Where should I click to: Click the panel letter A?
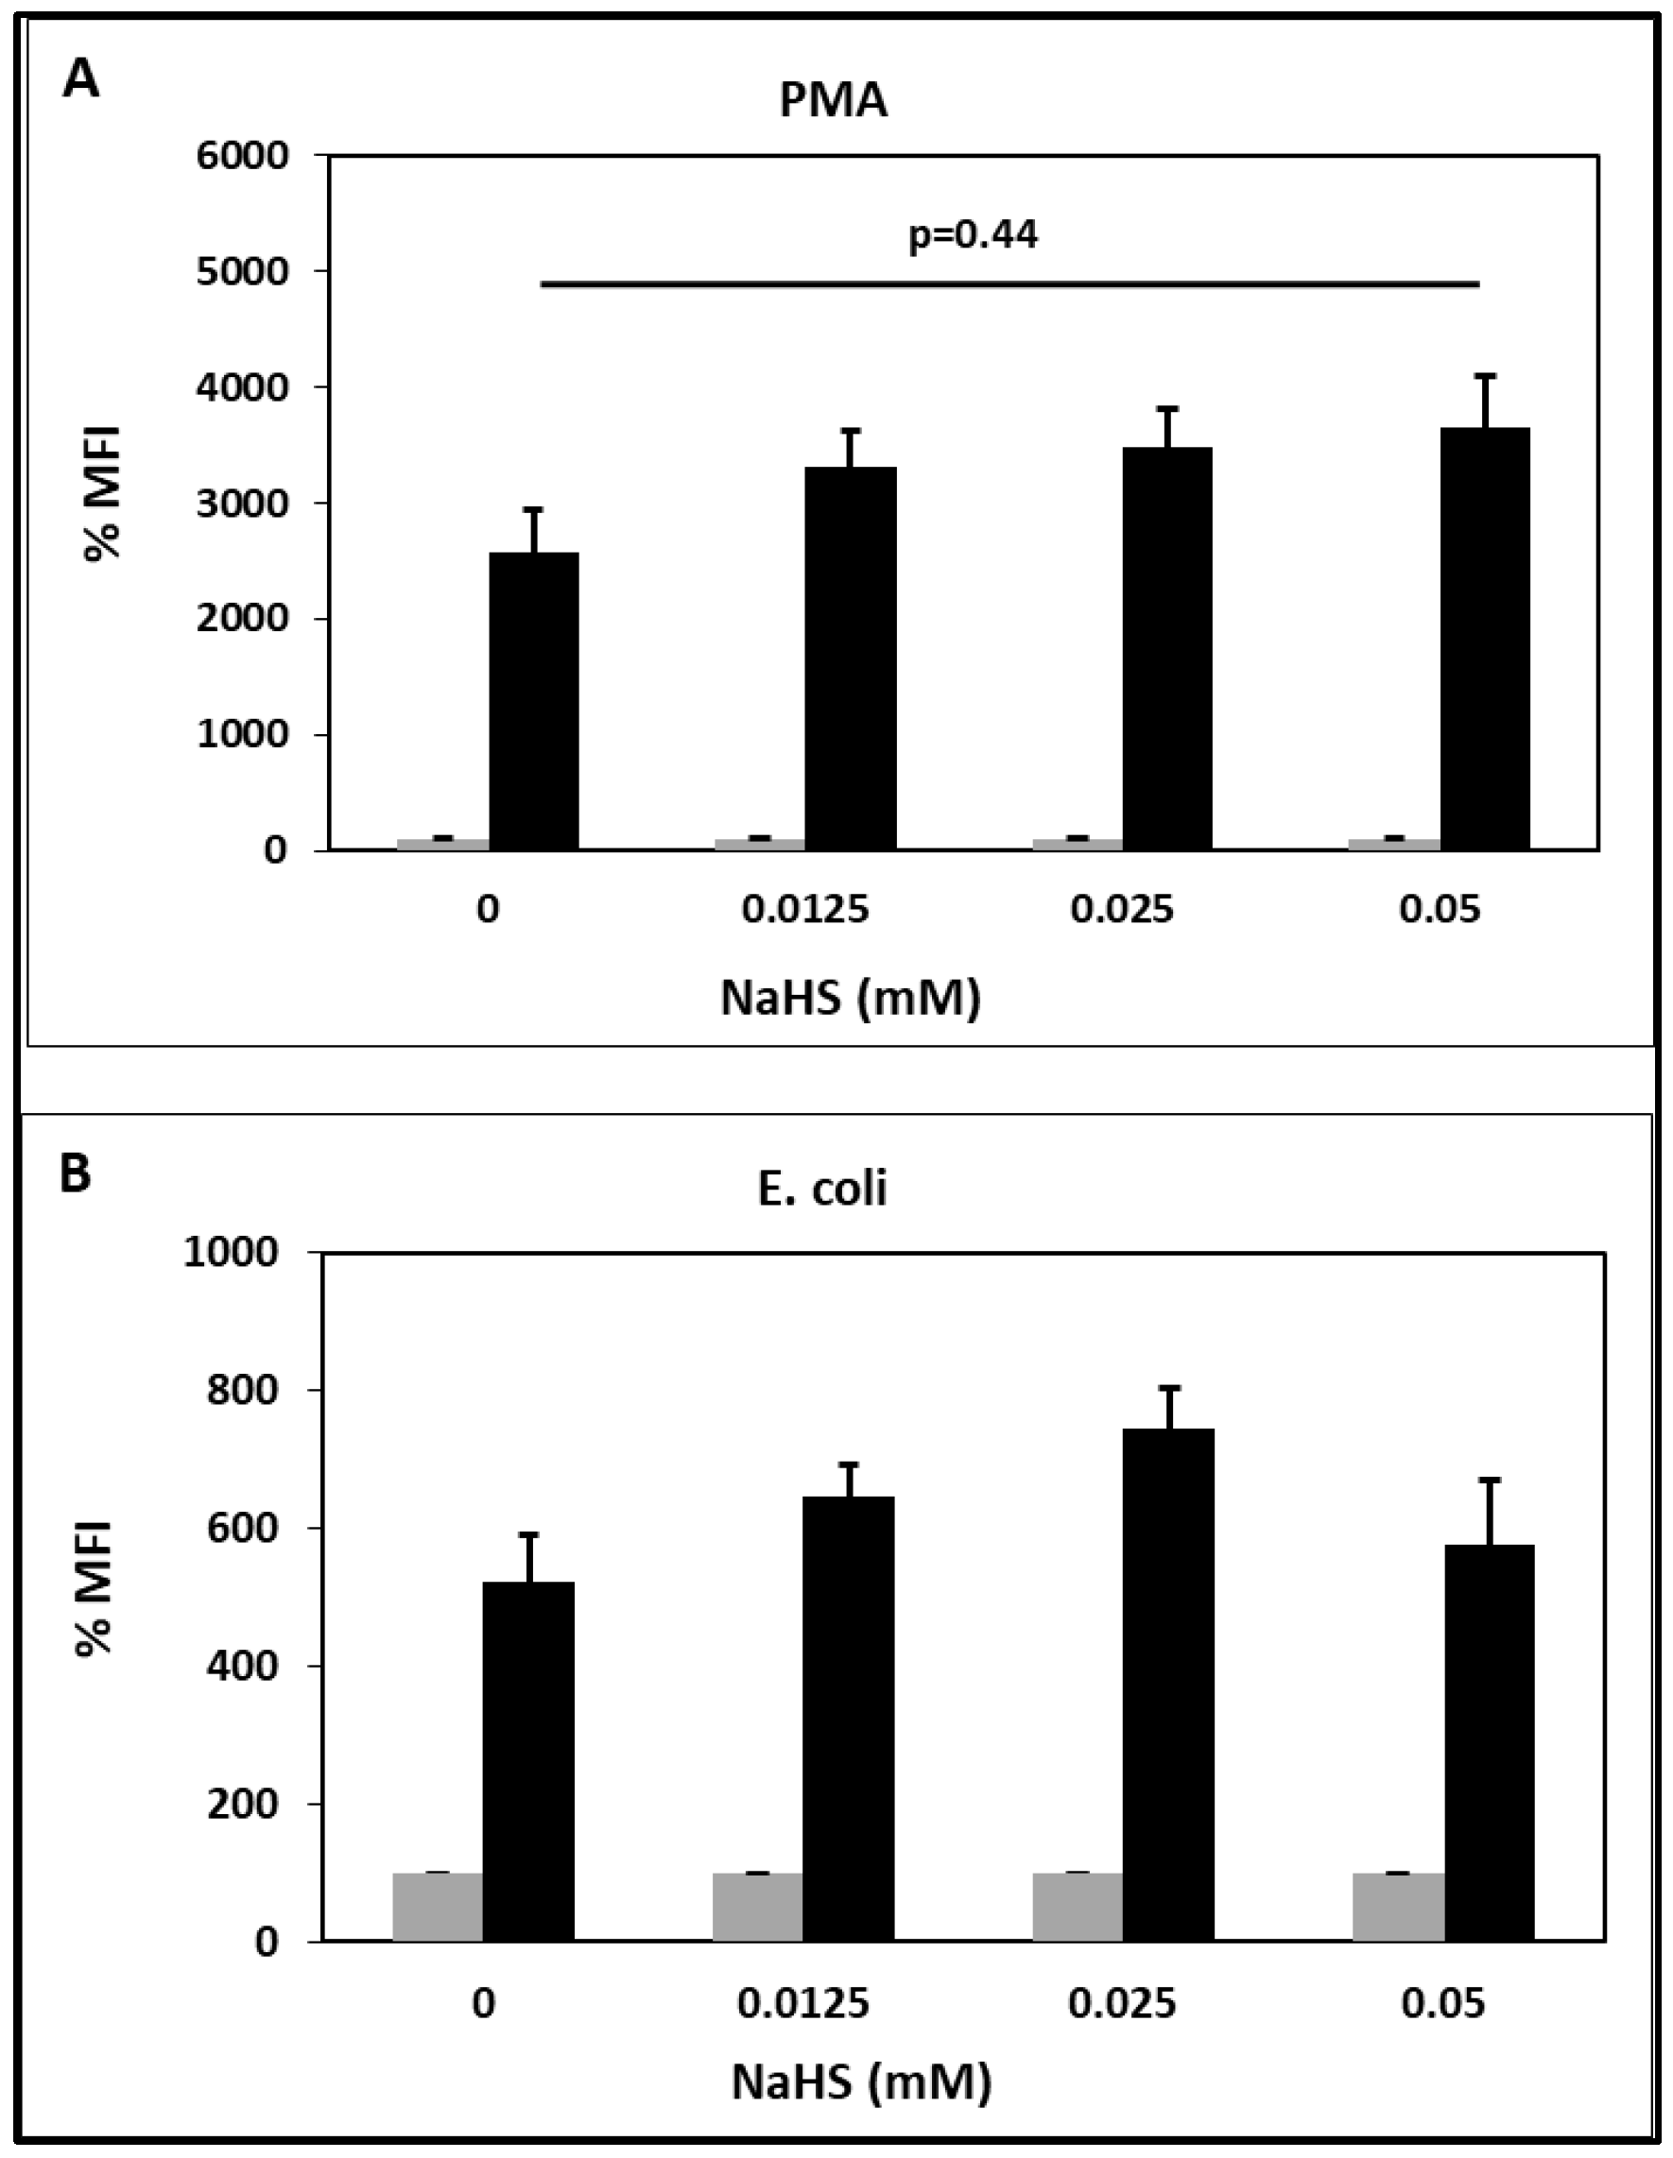(x=81, y=80)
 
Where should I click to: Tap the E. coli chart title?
(x=822, y=1189)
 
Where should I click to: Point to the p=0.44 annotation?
(x=974, y=236)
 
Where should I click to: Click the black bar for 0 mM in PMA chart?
(x=535, y=702)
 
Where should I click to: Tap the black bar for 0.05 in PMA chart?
(x=1484, y=640)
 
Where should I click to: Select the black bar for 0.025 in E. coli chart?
(x=1168, y=1686)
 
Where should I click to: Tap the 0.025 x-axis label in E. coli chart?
(x=1123, y=2003)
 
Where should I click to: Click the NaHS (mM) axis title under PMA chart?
(x=851, y=998)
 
